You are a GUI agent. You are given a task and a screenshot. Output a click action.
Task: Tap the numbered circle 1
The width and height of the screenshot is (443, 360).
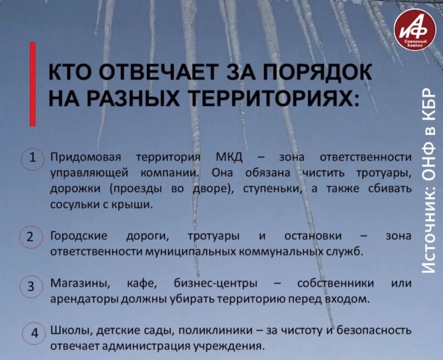tap(32, 159)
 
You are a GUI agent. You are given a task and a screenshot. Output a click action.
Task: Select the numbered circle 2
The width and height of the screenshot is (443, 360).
tap(31, 237)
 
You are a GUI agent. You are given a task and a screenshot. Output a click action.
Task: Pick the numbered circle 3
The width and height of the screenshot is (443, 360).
tap(31, 285)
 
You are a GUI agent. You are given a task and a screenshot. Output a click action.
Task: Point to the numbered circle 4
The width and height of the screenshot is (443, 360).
tap(33, 331)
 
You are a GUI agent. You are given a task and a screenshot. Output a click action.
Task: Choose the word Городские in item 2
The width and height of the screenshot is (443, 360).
tap(79, 236)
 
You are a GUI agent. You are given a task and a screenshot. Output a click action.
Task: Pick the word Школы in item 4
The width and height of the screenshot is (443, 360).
tap(66, 330)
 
